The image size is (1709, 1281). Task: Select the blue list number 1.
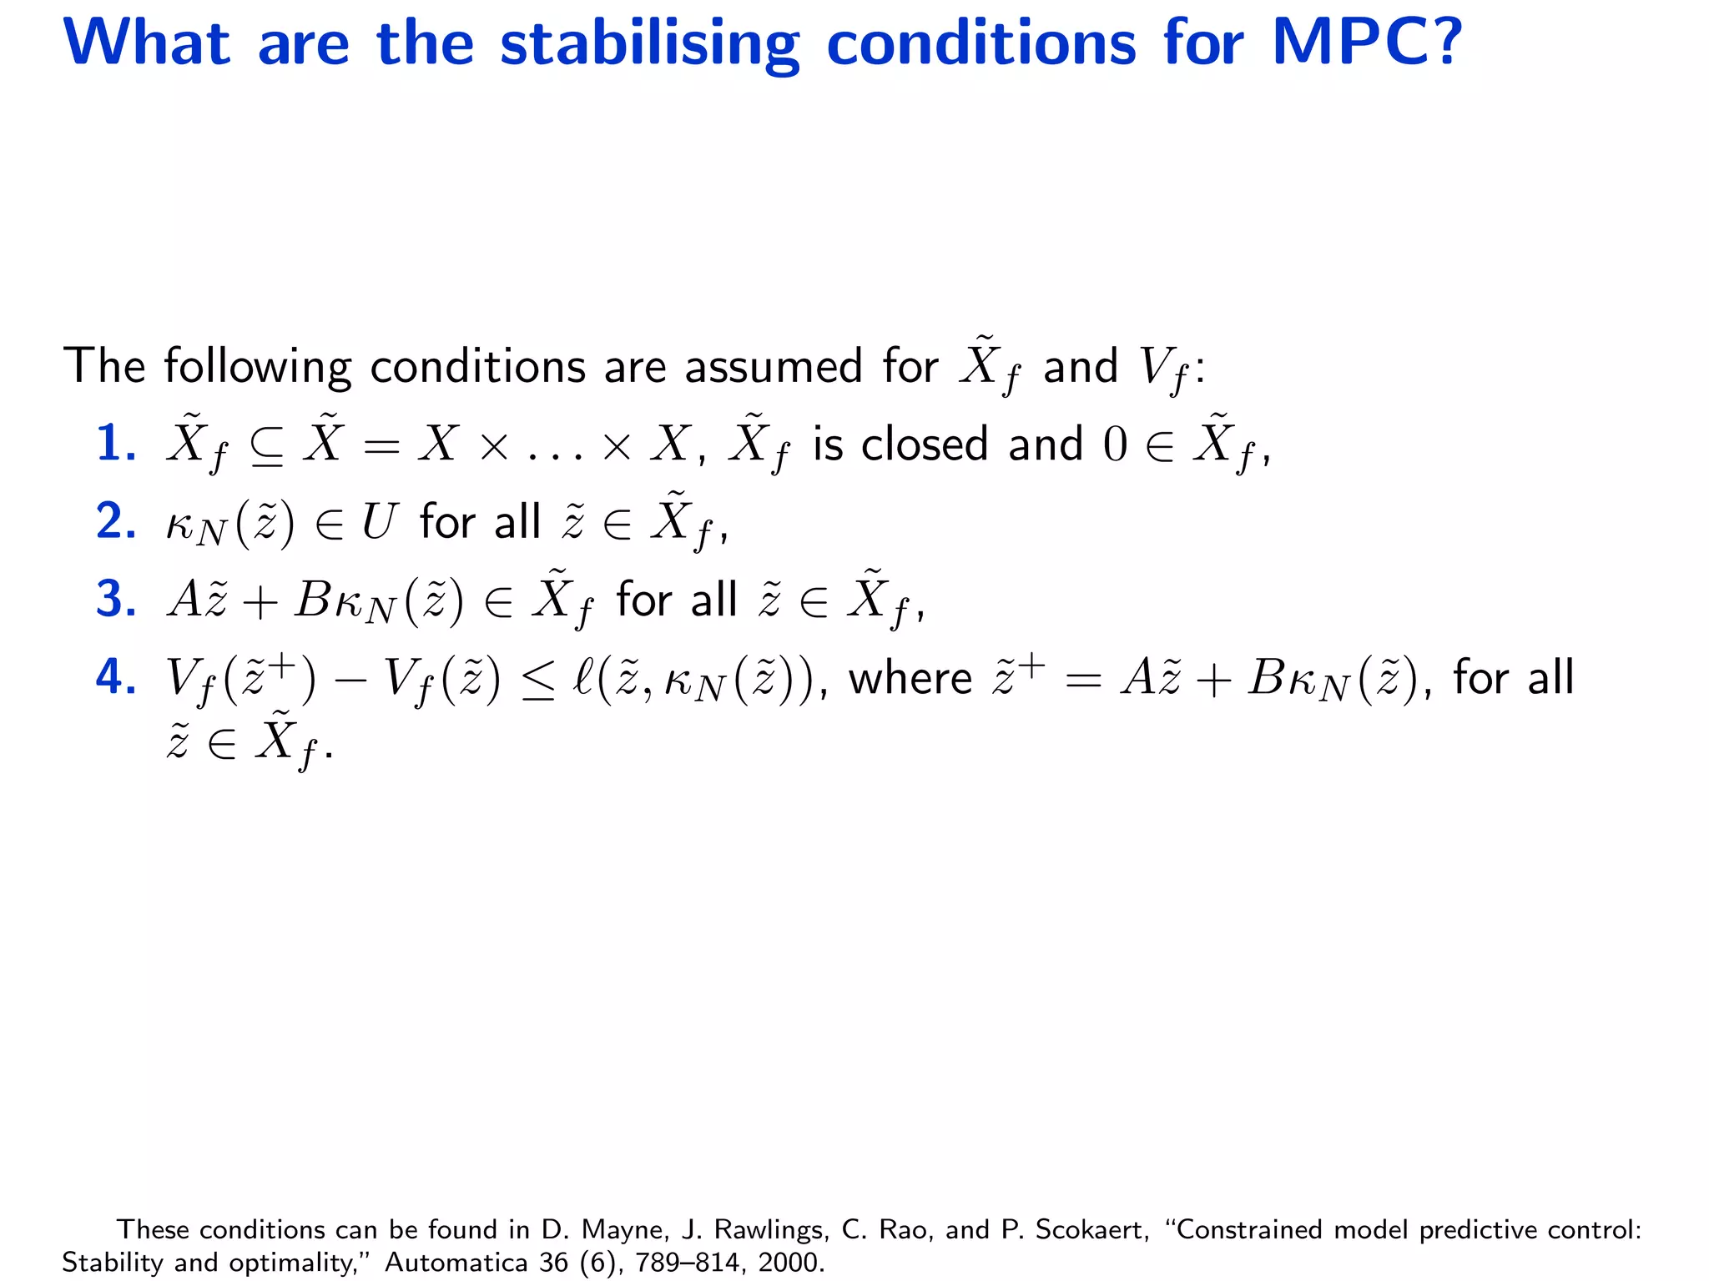coord(115,443)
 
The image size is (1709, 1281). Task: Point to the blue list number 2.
coord(115,521)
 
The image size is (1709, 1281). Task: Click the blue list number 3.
coord(115,599)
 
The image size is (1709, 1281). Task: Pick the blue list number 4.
coord(115,676)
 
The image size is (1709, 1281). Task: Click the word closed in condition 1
coord(925,444)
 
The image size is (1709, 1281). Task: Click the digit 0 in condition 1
coord(1115,445)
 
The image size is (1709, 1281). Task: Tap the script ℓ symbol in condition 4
coord(582,677)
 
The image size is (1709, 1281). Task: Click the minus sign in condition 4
coord(350,679)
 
